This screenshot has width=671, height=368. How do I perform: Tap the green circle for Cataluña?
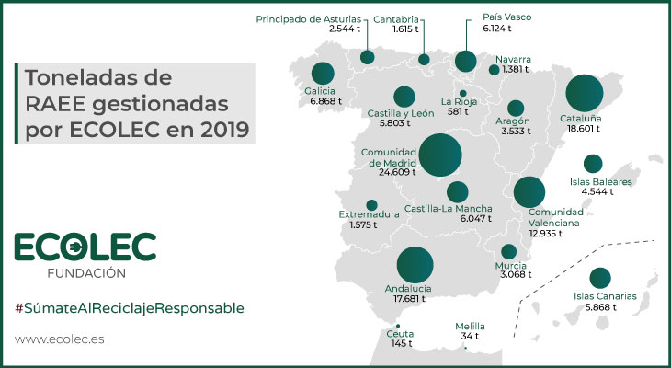585,94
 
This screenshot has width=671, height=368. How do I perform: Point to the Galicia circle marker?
322,73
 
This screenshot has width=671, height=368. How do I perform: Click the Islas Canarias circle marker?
600,277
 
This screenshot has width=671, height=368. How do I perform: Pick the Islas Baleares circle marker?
593,164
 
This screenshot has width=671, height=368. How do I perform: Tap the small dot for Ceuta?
398,327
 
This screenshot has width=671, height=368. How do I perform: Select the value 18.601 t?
580,131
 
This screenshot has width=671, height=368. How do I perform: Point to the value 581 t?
457,112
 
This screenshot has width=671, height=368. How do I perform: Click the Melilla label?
470,327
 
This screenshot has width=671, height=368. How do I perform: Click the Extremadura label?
369,215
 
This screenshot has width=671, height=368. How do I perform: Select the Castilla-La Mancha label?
454,209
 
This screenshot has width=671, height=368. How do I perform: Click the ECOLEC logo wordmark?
85,247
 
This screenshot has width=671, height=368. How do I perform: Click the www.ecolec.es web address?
60,339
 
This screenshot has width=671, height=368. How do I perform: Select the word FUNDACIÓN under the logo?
85,273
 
